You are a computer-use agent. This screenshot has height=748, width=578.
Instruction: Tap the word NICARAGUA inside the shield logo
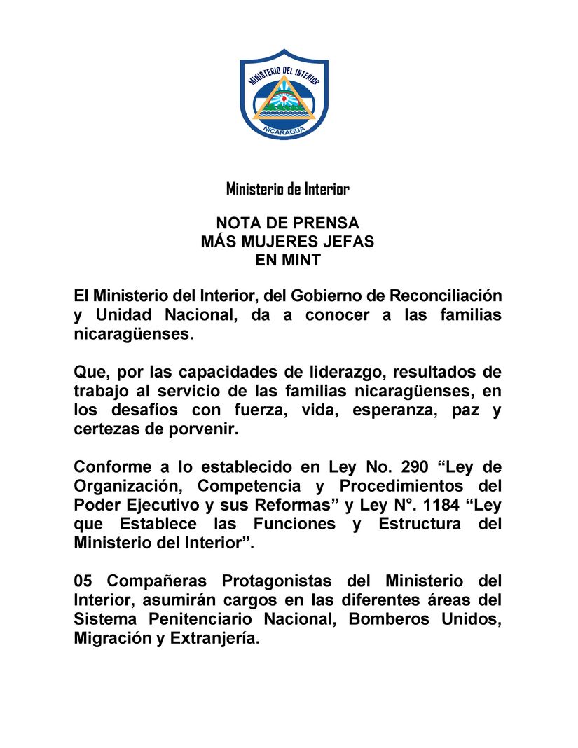[x=284, y=130]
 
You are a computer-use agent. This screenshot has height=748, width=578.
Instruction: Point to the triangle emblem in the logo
[x=284, y=99]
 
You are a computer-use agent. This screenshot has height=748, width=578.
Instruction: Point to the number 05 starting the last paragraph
[x=83, y=581]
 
